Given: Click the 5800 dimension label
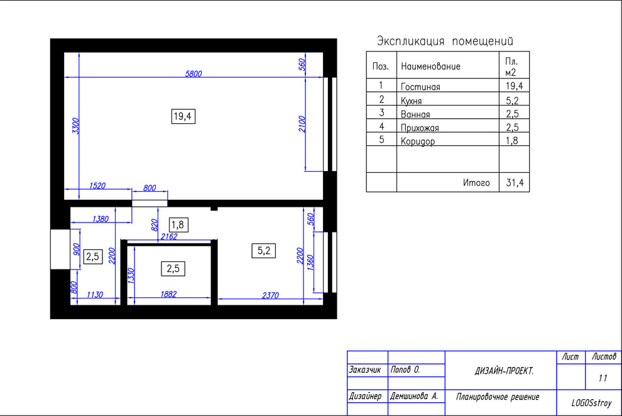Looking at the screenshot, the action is (x=194, y=74).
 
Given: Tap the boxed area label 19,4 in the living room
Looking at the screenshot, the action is (x=183, y=116).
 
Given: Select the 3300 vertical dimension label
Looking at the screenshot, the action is (x=75, y=126).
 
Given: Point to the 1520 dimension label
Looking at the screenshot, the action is (x=97, y=185).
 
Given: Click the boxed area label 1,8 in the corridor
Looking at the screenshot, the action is (x=178, y=225).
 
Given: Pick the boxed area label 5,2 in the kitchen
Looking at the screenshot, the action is (x=264, y=251).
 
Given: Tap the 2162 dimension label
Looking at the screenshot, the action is (x=169, y=236).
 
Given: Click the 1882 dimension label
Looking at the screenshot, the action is (x=168, y=294).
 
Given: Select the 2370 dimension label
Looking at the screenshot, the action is (x=270, y=295).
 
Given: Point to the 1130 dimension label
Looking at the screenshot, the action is (x=95, y=294).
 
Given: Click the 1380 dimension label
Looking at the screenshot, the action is (x=101, y=219).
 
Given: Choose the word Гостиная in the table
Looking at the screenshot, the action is (x=420, y=87).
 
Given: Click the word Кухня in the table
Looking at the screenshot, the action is (x=412, y=101).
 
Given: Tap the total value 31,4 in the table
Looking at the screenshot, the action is (x=515, y=182).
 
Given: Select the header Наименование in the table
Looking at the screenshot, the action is (x=431, y=66).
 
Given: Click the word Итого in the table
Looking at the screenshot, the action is (x=476, y=182).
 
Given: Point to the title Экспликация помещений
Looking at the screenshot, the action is (x=445, y=41).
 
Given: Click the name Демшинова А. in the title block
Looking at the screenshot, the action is (x=414, y=396).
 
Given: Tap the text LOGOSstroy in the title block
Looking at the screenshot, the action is (x=591, y=403).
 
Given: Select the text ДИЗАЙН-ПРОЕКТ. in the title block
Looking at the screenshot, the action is (x=504, y=371).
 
